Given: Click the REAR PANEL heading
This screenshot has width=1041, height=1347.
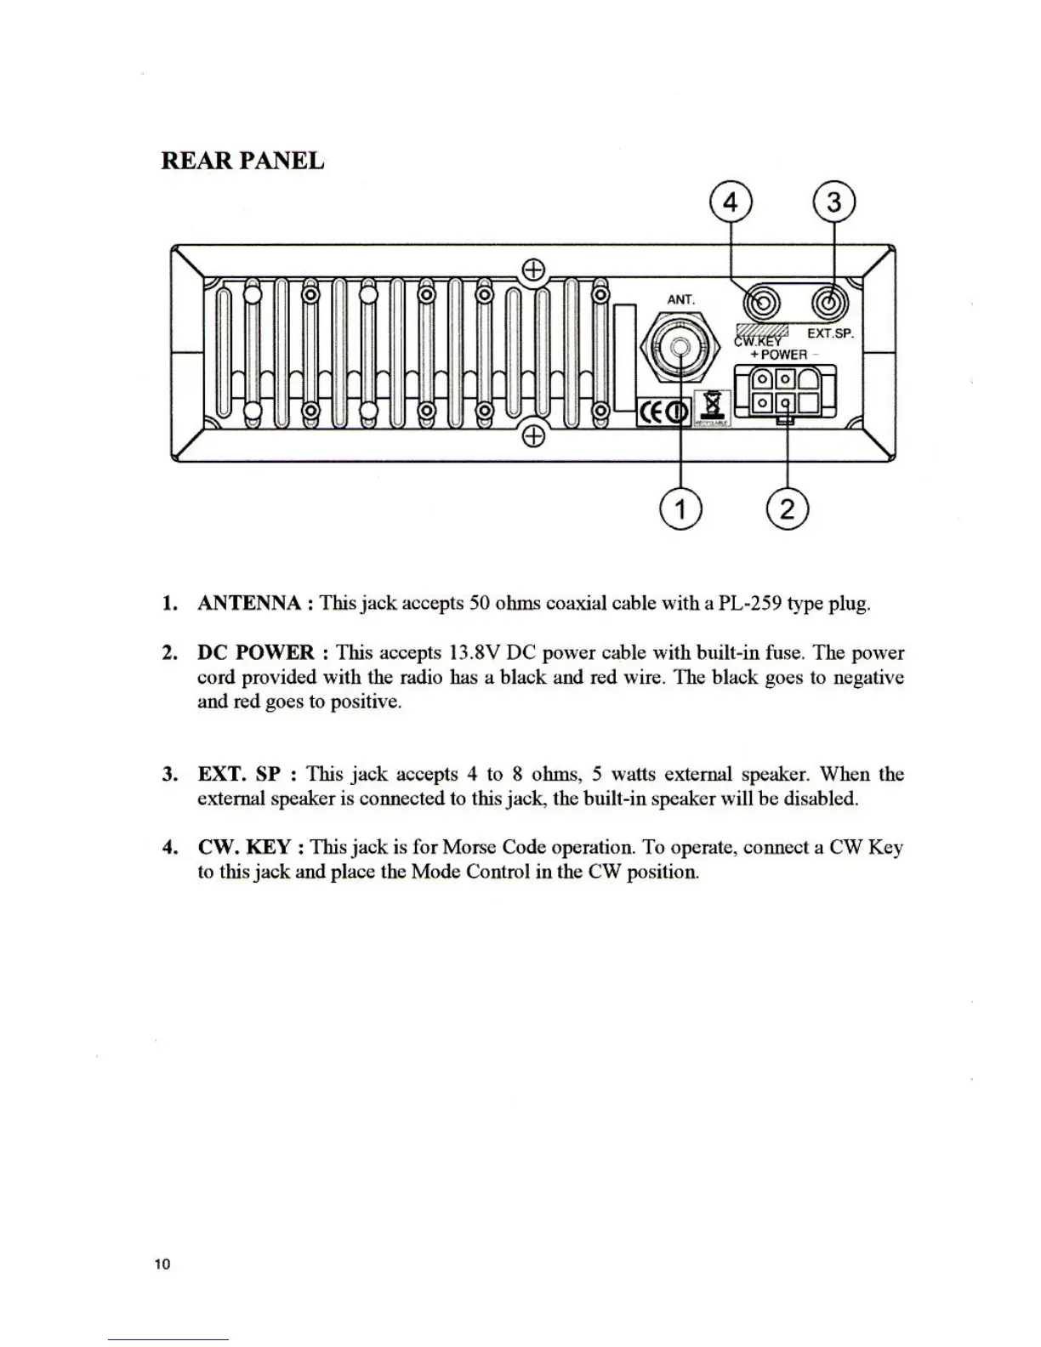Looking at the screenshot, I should point(242,161).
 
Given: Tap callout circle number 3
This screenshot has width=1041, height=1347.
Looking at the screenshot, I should point(834,203).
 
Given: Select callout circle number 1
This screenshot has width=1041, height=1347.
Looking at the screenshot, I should point(681,509).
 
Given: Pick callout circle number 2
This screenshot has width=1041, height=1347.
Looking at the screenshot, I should point(787,509).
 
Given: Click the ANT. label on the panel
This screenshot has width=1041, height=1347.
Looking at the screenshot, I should point(680,299).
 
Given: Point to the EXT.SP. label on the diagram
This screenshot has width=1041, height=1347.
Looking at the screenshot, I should point(829,333).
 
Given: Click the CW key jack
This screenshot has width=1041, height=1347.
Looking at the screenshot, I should point(760,303).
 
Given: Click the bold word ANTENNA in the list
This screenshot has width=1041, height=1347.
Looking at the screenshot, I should point(249,604).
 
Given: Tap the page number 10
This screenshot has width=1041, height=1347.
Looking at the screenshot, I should point(162,1264).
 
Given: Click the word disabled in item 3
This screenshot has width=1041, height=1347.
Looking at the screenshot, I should point(819,799).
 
